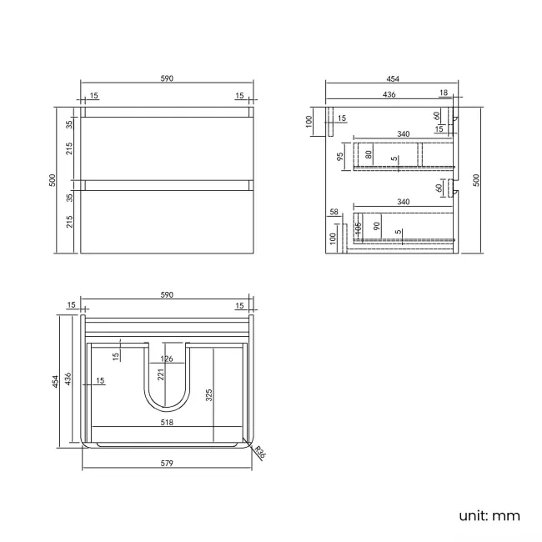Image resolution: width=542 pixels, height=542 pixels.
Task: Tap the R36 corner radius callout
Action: click(x=259, y=454)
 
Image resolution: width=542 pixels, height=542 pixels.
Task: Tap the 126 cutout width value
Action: click(x=166, y=359)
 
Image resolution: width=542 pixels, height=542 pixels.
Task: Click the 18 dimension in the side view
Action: click(x=443, y=93)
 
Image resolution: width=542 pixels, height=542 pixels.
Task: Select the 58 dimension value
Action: click(x=334, y=213)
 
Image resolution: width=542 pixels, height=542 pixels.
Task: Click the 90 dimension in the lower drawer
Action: click(x=376, y=226)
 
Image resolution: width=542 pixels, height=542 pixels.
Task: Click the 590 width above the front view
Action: click(x=166, y=78)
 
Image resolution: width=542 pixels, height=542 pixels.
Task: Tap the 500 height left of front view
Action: click(x=52, y=179)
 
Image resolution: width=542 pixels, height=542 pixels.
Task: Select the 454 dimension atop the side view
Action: click(x=392, y=78)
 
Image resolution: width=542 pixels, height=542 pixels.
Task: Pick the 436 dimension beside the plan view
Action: click(x=69, y=379)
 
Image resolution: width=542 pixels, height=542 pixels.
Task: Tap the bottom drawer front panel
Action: click(x=166, y=221)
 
